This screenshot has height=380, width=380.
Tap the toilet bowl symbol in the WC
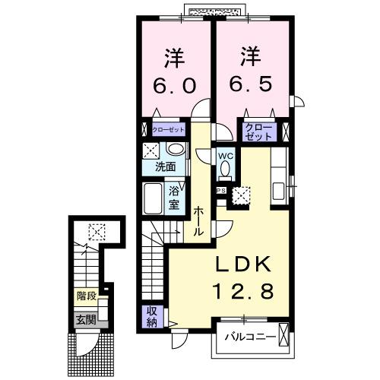226,170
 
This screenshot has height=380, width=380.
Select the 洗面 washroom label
166,165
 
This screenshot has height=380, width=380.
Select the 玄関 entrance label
85,319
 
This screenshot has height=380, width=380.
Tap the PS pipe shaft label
222,191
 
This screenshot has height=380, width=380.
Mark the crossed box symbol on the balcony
283,336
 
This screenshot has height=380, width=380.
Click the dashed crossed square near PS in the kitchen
242,195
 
